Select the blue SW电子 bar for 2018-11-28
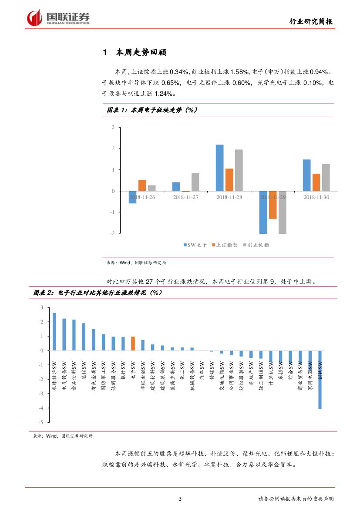[x=220, y=168]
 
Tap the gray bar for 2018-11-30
[x=326, y=177]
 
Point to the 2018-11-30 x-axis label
[x=316, y=197]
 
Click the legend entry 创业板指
[x=258, y=245]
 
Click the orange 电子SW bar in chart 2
[x=133, y=343]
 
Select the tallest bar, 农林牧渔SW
[x=54, y=331]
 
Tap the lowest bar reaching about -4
[x=320, y=380]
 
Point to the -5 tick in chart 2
[x=41, y=422]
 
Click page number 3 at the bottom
[x=180, y=499]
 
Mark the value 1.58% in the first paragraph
[x=239, y=71]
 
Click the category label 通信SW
[x=84, y=370]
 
